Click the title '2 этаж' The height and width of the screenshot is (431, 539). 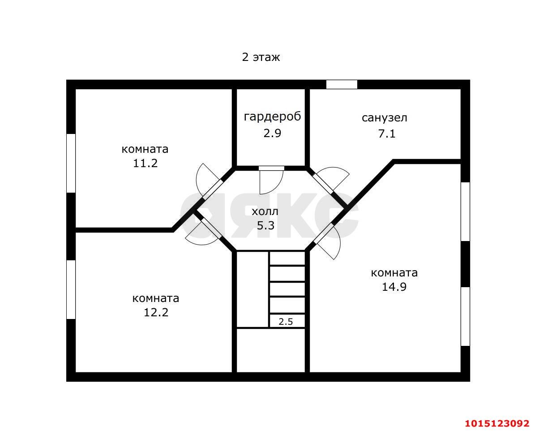click(x=261, y=57)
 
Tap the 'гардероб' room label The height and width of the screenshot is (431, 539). click(x=272, y=117)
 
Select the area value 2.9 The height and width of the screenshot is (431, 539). click(x=272, y=133)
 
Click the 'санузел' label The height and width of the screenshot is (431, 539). click(x=385, y=118)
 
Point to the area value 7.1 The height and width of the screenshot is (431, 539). click(x=387, y=134)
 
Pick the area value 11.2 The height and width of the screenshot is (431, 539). click(x=145, y=163)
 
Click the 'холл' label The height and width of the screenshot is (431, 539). click(x=265, y=211)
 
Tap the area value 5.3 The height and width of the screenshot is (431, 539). click(x=265, y=225)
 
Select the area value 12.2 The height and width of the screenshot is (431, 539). click(x=156, y=312)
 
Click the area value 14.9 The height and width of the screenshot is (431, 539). click(x=394, y=287)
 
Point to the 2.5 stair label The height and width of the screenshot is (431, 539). click(x=286, y=321)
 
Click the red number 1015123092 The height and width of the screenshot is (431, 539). click(x=497, y=423)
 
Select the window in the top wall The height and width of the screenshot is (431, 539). click(x=342, y=84)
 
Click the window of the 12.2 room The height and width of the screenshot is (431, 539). click(x=71, y=289)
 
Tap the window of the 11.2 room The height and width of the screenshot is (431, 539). click(x=71, y=163)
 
